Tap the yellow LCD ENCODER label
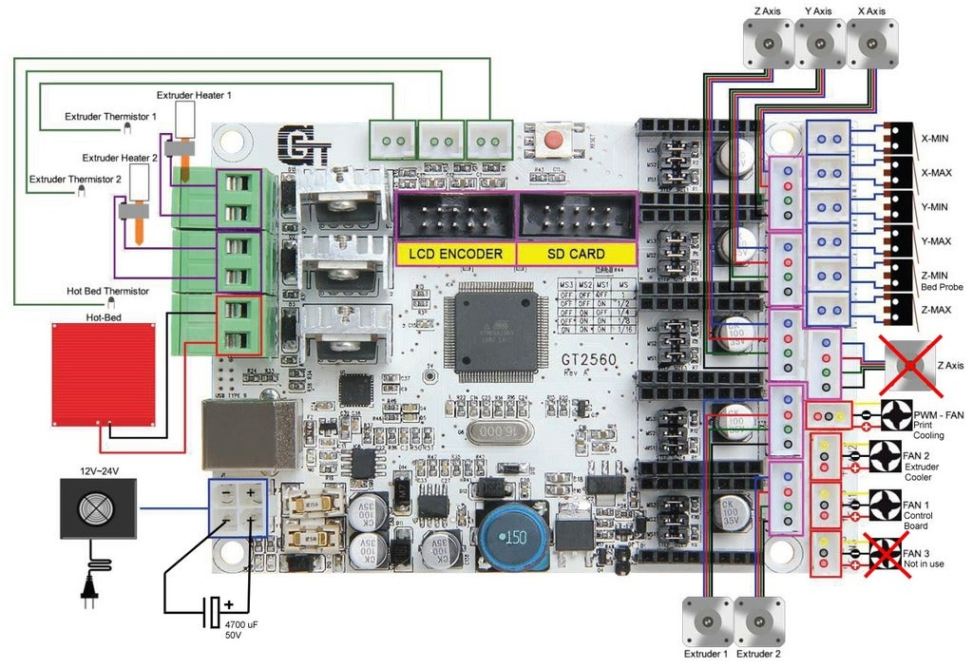[455, 254]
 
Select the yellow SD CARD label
[574, 254]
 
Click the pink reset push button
[552, 143]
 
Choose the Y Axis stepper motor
[818, 41]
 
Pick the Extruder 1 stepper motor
[708, 620]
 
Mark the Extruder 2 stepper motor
[760, 620]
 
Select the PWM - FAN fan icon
[897, 415]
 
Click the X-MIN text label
[936, 138]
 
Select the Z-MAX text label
[936, 311]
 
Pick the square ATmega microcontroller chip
[494, 332]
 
